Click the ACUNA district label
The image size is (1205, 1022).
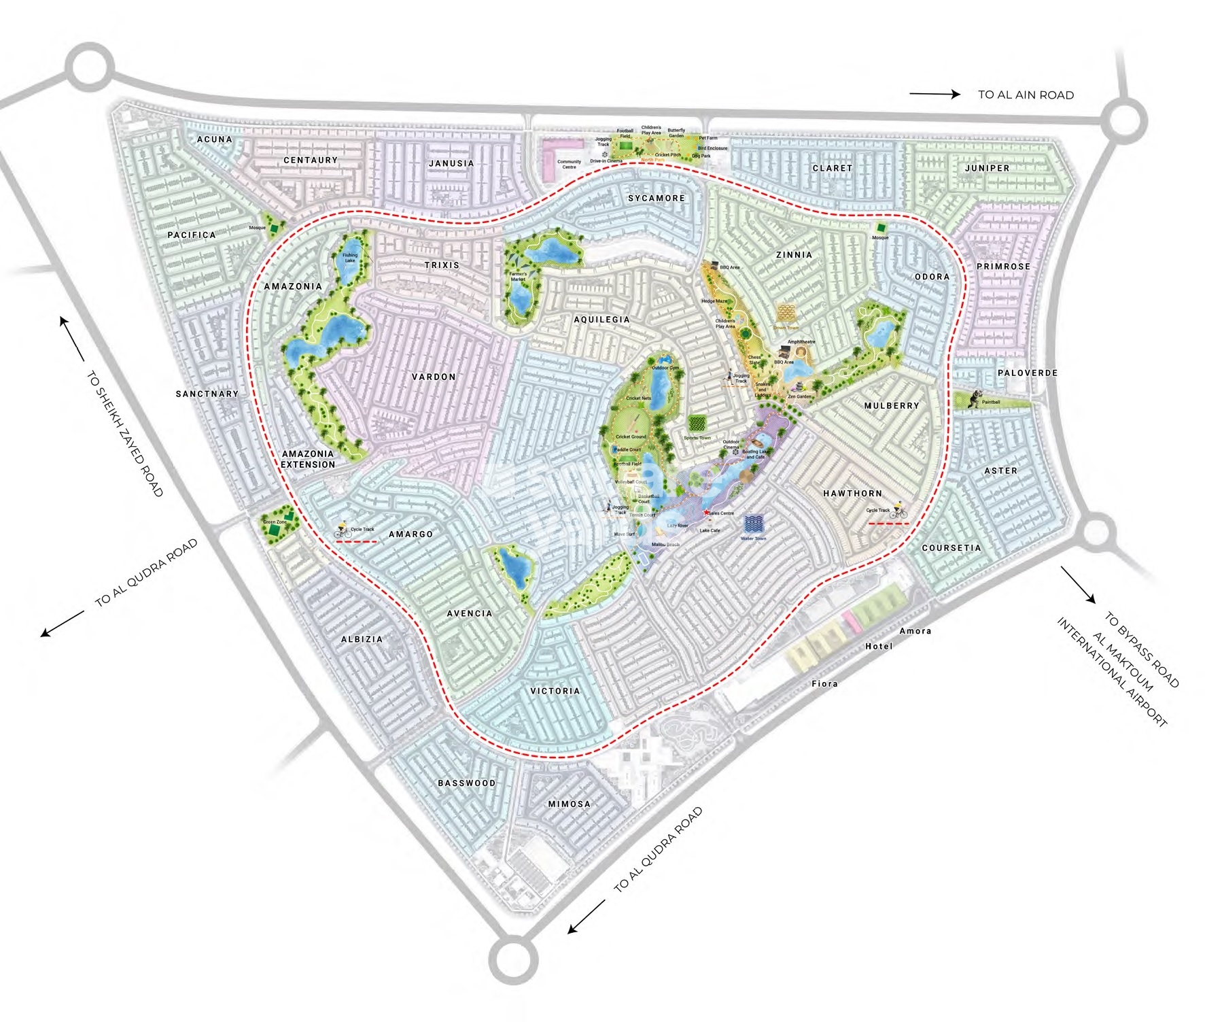pos(215,139)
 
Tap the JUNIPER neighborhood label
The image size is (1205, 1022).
pos(987,168)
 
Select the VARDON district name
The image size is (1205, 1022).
pos(434,377)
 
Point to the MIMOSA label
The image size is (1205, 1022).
pos(570,804)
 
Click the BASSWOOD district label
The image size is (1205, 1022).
pos(467,783)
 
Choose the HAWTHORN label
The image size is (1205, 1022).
pos(852,494)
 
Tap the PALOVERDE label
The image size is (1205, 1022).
pos(1028,373)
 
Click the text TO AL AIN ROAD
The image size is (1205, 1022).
pos(1026,95)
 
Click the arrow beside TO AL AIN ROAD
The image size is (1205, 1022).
pos(935,95)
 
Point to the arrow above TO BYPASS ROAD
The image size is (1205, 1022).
pos(1078,585)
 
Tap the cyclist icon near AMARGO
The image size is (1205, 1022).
pos(342,532)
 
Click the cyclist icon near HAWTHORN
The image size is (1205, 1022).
pos(898,511)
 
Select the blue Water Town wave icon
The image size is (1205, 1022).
pos(754,524)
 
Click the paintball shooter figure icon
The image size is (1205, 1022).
pos(975,399)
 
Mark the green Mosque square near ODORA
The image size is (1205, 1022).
pos(881,228)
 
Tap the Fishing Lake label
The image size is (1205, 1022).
pos(350,258)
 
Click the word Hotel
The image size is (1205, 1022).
pos(878,647)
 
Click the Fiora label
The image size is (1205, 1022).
pos(824,684)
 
